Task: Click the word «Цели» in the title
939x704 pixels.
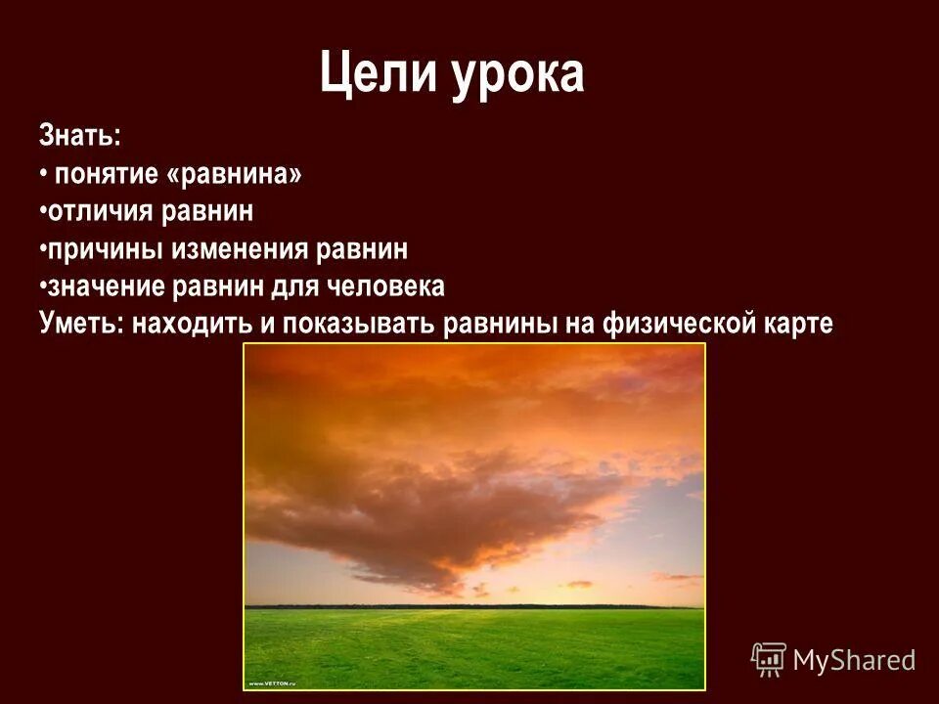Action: [379, 75]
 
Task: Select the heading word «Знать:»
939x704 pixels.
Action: [80, 136]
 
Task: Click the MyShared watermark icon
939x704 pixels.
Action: [769, 659]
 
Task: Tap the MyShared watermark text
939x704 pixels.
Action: [854, 660]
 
